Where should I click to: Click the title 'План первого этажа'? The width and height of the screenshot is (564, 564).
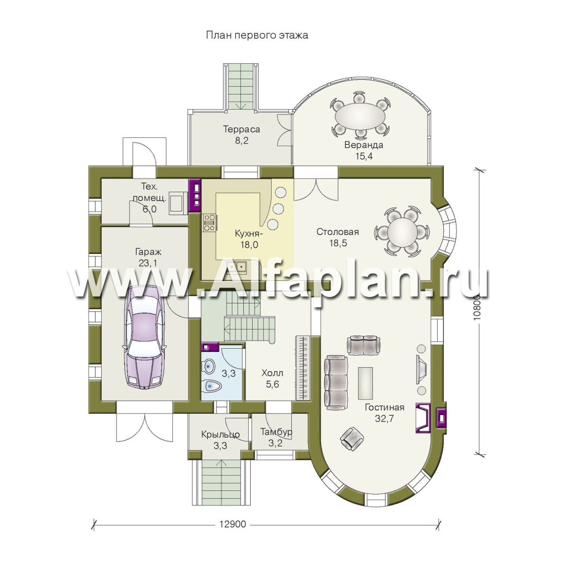(x=257, y=36)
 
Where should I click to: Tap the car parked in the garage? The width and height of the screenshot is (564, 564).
(x=145, y=337)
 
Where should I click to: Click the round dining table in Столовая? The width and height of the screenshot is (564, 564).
(x=402, y=231)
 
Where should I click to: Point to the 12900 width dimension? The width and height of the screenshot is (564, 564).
(x=233, y=524)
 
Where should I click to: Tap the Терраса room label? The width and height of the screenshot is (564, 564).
(x=241, y=129)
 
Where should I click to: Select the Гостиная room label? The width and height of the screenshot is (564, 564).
(x=384, y=407)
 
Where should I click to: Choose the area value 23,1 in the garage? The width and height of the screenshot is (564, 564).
(x=148, y=263)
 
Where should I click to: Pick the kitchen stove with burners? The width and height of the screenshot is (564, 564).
(x=209, y=222)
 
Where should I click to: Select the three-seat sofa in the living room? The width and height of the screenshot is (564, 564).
(x=336, y=382)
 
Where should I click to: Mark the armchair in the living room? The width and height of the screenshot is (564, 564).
(x=352, y=439)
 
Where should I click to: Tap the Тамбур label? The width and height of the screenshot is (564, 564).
(x=276, y=432)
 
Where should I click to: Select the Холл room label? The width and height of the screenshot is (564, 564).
(x=272, y=373)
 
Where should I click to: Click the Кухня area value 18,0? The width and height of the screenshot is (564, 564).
(x=249, y=245)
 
